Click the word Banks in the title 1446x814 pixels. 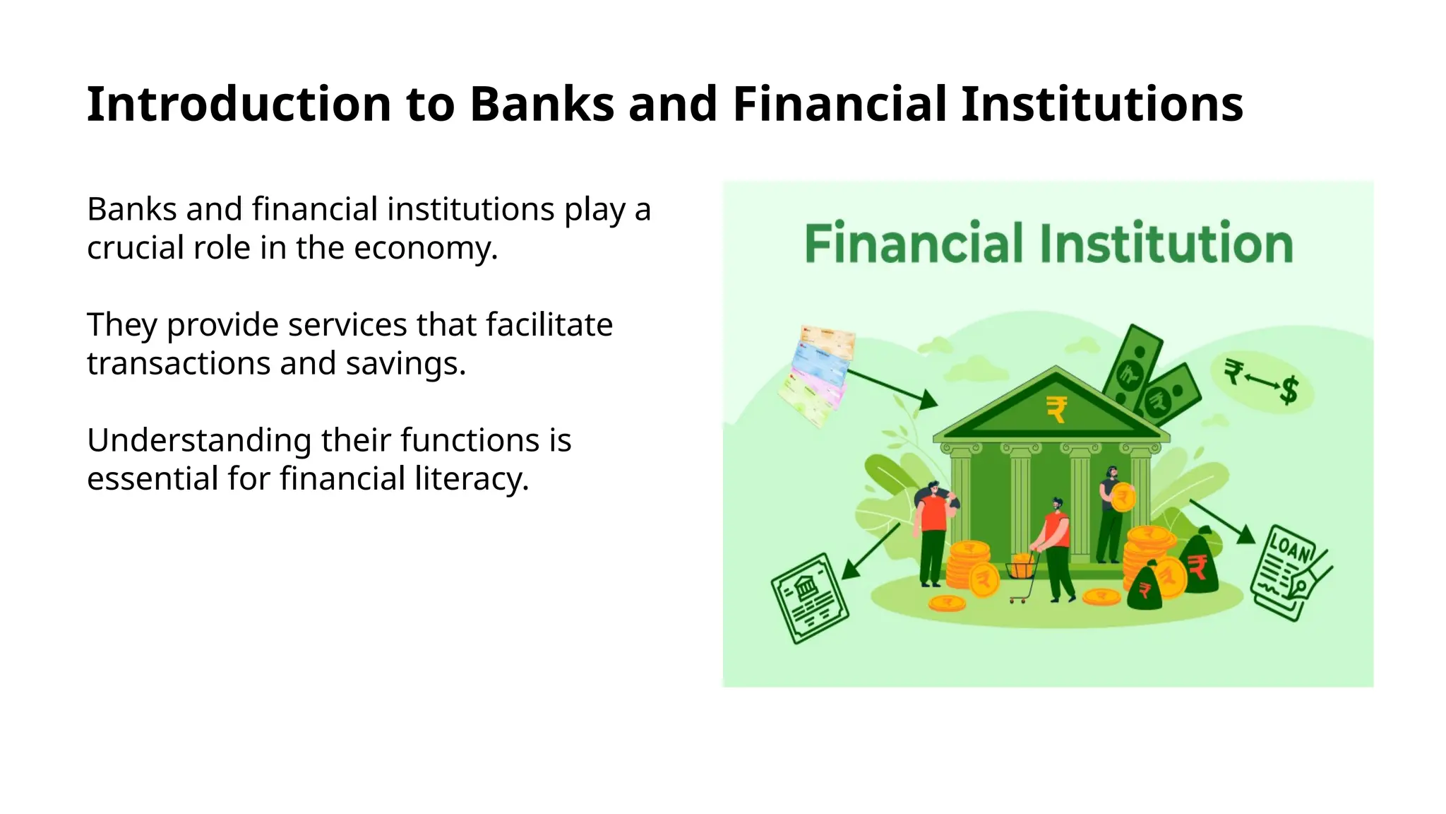click(x=542, y=105)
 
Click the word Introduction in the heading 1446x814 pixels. click(x=239, y=105)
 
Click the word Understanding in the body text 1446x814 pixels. click(x=198, y=441)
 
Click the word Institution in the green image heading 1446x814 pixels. click(x=1166, y=244)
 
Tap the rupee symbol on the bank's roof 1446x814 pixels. click(x=1056, y=409)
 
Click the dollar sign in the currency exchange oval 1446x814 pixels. click(x=1289, y=389)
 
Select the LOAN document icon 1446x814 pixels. click(x=1289, y=572)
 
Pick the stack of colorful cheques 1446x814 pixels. click(x=817, y=374)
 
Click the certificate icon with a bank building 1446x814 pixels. click(x=808, y=598)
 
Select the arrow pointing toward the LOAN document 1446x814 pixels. click(x=1221, y=521)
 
